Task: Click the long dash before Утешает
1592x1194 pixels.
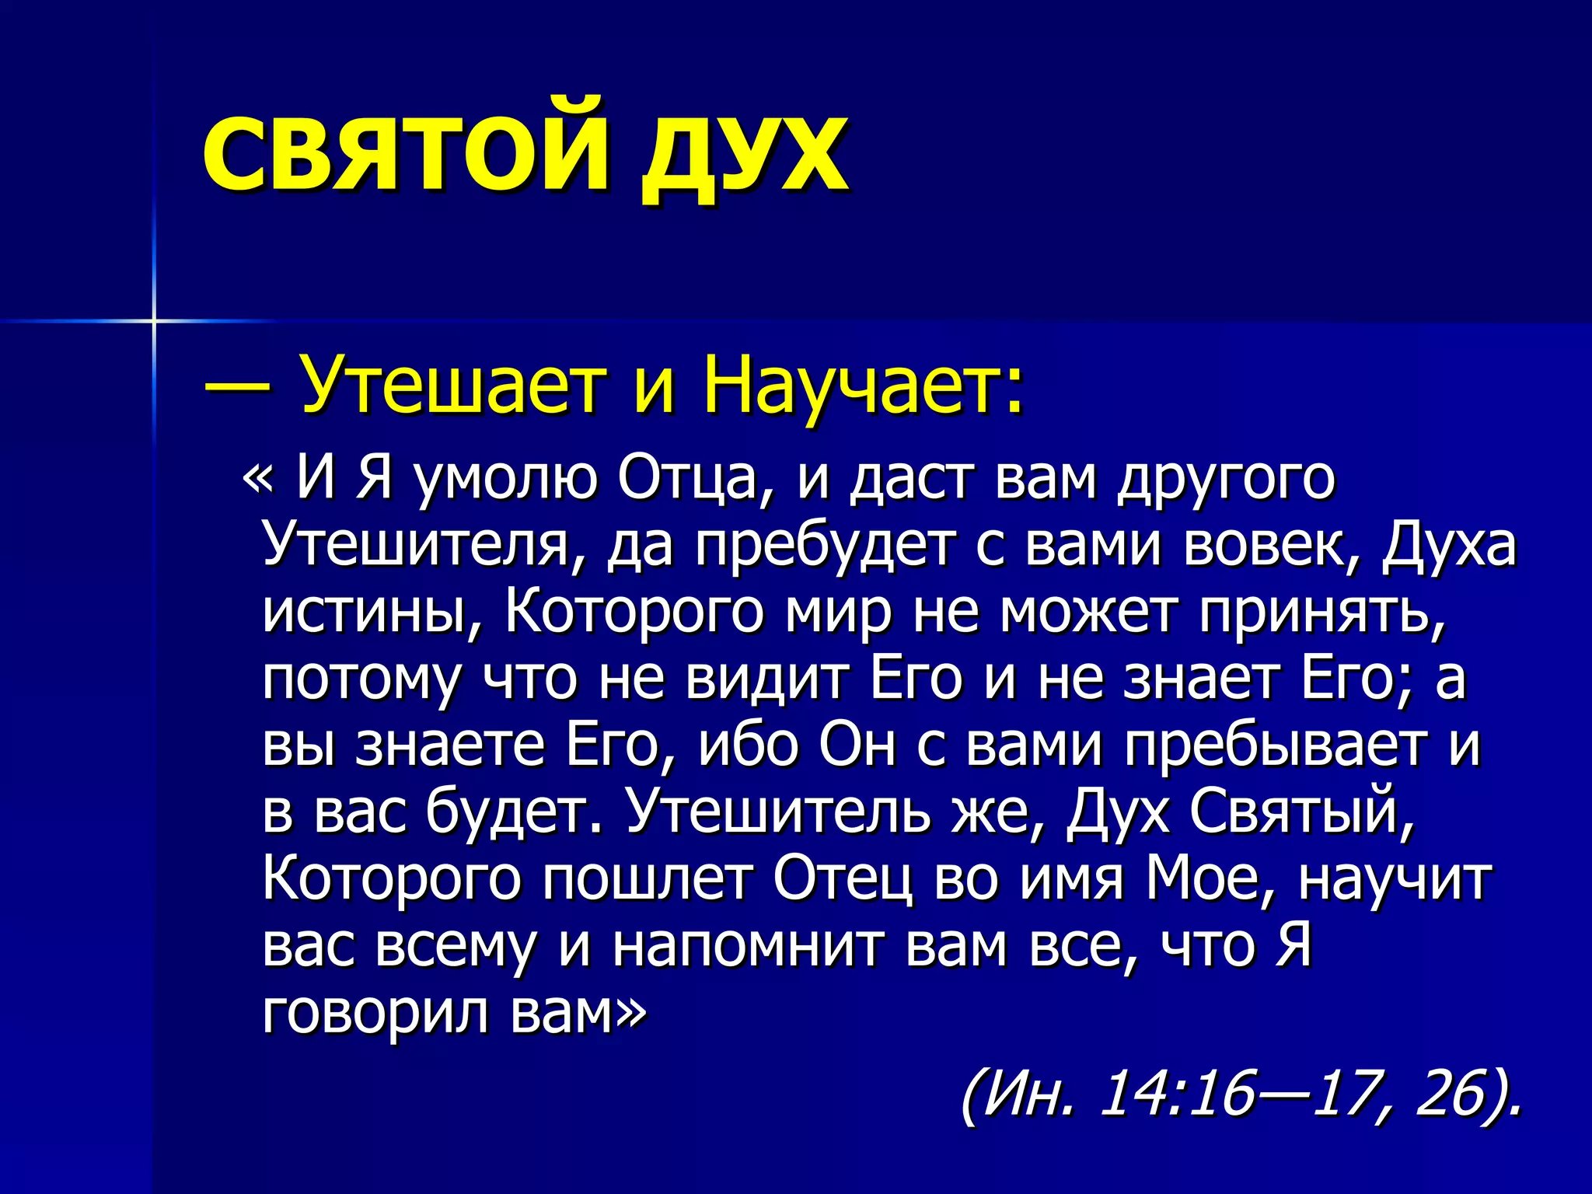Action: (238, 384)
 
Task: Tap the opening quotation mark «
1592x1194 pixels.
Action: (257, 479)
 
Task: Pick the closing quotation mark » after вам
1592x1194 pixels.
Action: (630, 1011)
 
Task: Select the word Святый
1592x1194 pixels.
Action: (1301, 813)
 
